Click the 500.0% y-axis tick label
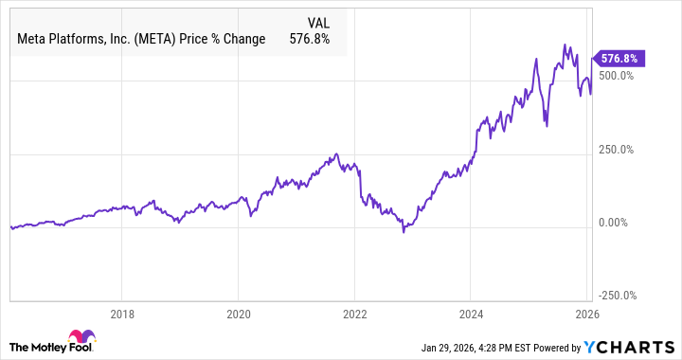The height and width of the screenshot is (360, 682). (616, 76)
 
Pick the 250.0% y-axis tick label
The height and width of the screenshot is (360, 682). (616, 150)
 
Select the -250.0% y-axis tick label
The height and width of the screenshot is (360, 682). (614, 296)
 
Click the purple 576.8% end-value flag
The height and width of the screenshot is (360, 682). (619, 59)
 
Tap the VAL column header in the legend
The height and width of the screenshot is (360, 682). (318, 22)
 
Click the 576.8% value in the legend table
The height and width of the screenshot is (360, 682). (309, 40)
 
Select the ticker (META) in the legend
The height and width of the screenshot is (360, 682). (175, 40)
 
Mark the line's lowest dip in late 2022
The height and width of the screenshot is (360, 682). (404, 231)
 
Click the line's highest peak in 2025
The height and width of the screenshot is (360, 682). (565, 45)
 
